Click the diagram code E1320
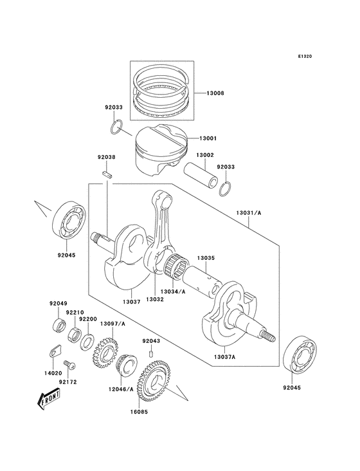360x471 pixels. pyautogui.click(x=305, y=56)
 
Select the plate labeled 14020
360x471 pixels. pyautogui.click(x=54, y=351)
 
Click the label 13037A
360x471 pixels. pyautogui.click(x=225, y=357)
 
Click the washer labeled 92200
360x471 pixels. pyautogui.click(x=87, y=338)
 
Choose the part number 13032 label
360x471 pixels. pyautogui.click(x=154, y=299)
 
